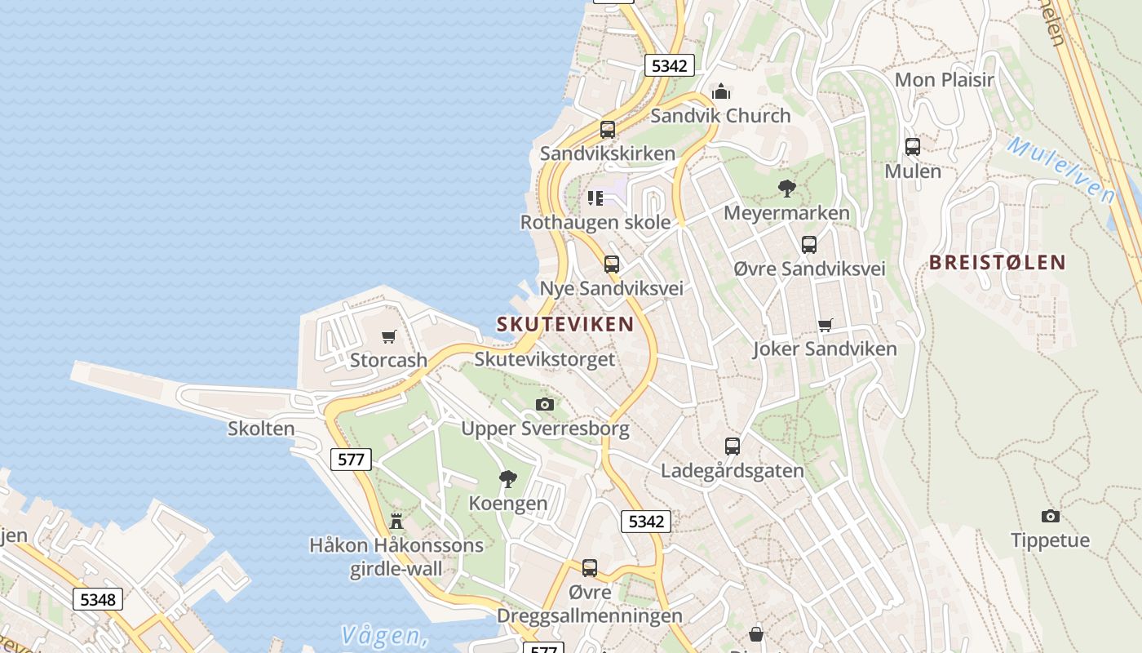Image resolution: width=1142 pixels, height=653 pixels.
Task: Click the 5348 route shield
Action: [98, 600]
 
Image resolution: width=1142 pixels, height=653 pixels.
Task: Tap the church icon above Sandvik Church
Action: [721, 91]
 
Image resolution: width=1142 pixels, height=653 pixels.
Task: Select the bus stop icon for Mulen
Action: [913, 147]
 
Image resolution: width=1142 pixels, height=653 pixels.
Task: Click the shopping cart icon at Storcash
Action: [389, 336]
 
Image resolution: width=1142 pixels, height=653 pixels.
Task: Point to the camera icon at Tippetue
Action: [1051, 516]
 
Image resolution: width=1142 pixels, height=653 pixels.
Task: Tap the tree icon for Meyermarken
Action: [787, 189]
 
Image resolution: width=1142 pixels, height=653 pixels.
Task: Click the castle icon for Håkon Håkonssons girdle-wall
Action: [396, 520]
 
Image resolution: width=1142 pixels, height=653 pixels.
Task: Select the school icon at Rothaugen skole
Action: [595, 198]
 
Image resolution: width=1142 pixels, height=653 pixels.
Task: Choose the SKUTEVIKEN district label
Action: [565, 324]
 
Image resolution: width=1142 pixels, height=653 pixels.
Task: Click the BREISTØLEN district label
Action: [998, 262]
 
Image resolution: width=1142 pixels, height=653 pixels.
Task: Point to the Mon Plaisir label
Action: [945, 80]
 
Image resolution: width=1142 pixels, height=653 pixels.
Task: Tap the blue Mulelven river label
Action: [1060, 170]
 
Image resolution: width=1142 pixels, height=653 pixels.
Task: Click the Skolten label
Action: [261, 429]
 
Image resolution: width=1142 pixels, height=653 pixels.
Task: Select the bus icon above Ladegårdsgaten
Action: [733, 446]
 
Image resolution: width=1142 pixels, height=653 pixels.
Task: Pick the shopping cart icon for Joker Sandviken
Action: [826, 325]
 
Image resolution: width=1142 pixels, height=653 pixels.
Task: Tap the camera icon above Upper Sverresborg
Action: [545, 404]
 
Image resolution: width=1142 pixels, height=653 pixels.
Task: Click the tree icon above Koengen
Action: [508, 478]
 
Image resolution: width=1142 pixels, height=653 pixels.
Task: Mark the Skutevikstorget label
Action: [545, 359]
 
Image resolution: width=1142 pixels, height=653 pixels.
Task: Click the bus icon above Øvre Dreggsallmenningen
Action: [590, 568]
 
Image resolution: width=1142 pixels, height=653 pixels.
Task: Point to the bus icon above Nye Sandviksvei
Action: [612, 264]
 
